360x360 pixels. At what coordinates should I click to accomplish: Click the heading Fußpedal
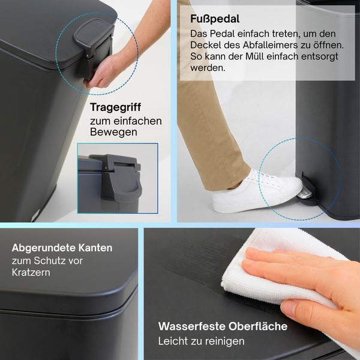click(x=214, y=19)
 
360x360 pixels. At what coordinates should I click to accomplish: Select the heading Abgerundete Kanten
click(x=62, y=248)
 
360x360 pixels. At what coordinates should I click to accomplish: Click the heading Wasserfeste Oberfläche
click(x=223, y=327)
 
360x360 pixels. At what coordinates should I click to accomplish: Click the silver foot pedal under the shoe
click(x=305, y=193)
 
